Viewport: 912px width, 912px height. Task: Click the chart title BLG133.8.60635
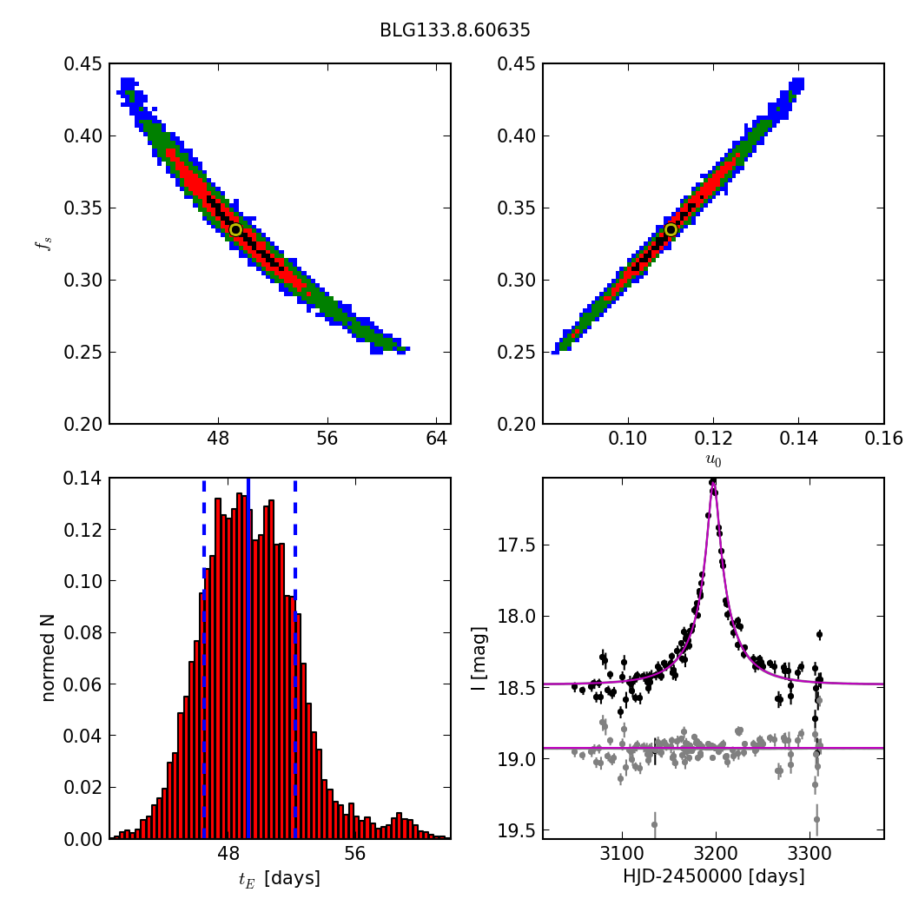[x=454, y=30]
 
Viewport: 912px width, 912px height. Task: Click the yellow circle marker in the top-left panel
[x=235, y=229]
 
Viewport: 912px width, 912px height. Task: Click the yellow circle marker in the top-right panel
[x=671, y=229]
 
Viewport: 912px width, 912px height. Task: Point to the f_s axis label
[x=42, y=244]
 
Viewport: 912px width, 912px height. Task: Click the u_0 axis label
[x=713, y=461]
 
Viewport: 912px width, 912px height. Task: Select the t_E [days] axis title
[x=280, y=879]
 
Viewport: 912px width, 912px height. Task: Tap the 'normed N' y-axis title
[x=49, y=658]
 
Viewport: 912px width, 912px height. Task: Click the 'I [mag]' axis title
[x=479, y=658]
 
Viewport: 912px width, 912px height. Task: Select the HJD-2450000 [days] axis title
[x=713, y=877]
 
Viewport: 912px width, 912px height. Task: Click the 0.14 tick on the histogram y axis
[x=83, y=479]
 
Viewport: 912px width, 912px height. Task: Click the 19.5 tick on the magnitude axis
[x=518, y=831]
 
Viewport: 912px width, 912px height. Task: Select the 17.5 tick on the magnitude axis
[x=518, y=545]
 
